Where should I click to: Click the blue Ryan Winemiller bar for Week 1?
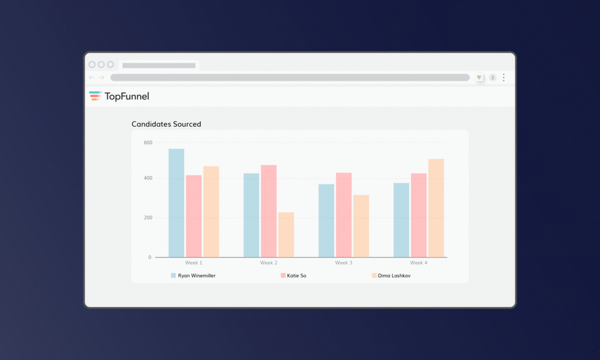177,203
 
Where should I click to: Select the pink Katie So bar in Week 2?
269,211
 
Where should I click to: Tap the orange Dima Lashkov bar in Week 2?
286,235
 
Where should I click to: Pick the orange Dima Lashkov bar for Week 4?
436,208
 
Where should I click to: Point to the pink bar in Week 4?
419,215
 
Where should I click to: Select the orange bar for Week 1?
211,211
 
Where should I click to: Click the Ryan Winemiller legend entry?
194,275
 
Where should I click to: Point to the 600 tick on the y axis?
148,142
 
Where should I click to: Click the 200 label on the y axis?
148,217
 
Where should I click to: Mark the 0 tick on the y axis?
150,257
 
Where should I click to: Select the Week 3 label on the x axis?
344,262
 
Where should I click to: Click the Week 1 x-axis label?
194,262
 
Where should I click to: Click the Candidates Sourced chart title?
166,124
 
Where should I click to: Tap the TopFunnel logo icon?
95,96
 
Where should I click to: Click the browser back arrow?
92,78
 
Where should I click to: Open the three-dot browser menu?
504,78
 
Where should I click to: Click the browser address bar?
290,78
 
